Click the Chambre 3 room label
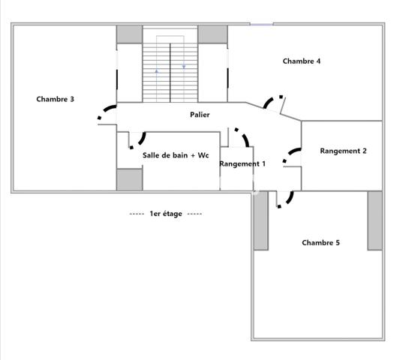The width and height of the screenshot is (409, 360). tap(55, 99)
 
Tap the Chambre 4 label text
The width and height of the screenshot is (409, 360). tap(302, 61)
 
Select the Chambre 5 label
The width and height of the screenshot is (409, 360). tap(321, 242)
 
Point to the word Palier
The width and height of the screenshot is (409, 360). tap(200, 115)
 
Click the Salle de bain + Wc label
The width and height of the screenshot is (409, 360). tap(174, 155)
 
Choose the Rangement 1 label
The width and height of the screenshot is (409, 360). tap(242, 163)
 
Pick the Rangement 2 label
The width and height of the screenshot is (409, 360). tap(343, 151)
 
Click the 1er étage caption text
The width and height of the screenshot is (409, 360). tap(165, 214)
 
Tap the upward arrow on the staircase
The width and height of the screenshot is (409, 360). tap(156, 71)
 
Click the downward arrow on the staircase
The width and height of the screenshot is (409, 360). tap(184, 67)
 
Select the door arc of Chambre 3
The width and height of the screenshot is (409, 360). tap(107, 112)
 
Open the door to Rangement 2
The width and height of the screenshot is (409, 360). tap(290, 157)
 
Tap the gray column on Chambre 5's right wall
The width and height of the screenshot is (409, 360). tap(374, 220)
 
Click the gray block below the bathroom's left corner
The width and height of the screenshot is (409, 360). tap(129, 180)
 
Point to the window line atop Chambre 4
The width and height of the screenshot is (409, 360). tap(262, 25)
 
